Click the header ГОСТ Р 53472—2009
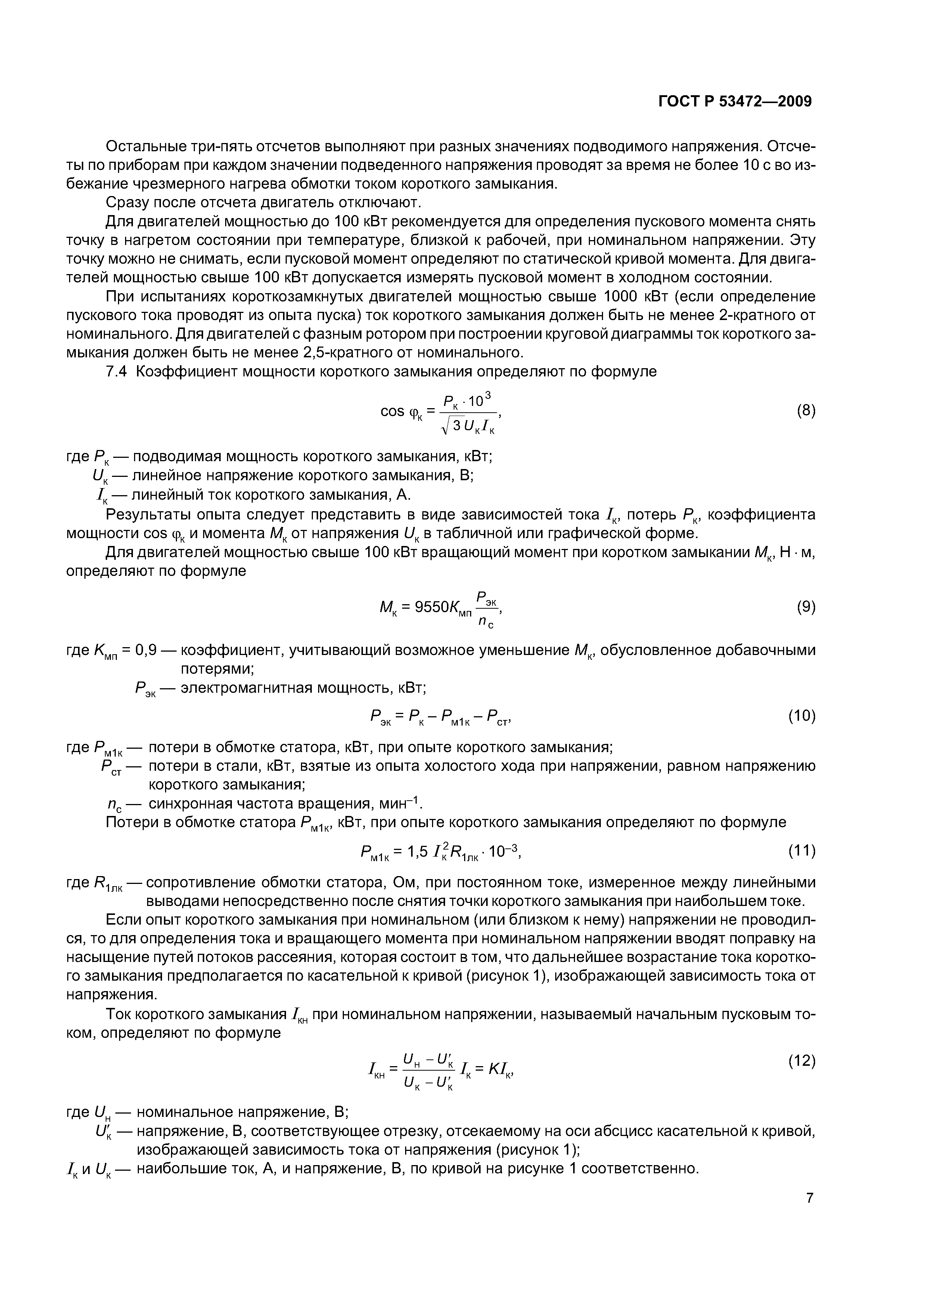735,102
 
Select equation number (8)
806,410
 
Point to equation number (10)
802,715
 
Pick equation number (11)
802,851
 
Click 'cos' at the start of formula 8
392,411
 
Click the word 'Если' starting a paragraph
121,920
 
